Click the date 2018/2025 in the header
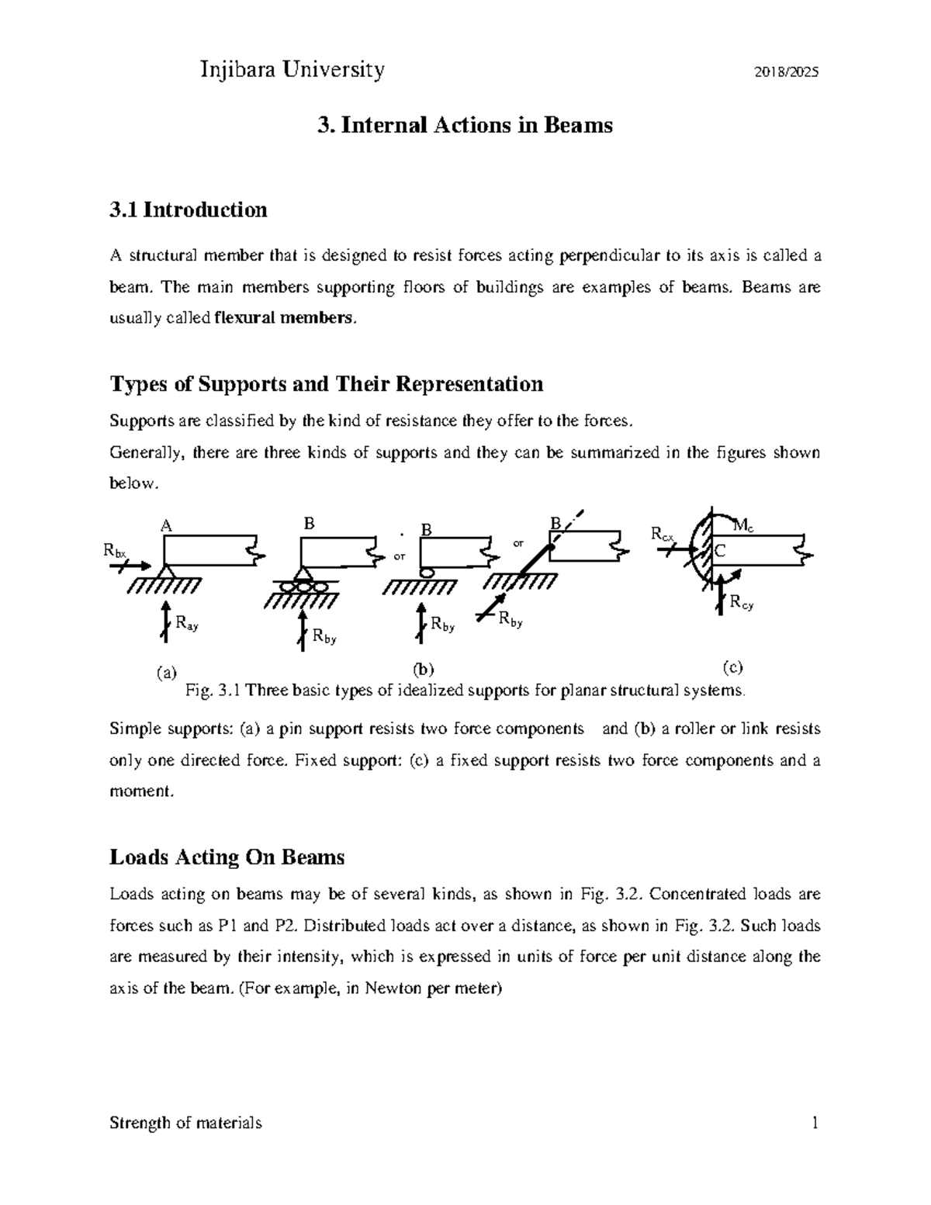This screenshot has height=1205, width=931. [x=787, y=73]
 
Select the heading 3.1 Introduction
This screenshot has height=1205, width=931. [x=189, y=209]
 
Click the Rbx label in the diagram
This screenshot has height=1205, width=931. [x=115, y=551]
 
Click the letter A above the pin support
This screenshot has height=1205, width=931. [x=164, y=525]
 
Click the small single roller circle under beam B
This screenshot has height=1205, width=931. [x=426, y=572]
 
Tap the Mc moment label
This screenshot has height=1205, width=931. [x=742, y=527]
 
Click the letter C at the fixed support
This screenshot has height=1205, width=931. [x=719, y=551]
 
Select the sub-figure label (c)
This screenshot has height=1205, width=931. [x=732, y=667]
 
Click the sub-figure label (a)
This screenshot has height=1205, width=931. [x=166, y=673]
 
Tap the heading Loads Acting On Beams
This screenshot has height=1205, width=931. [x=227, y=857]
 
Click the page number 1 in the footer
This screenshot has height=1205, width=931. [x=815, y=1123]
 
